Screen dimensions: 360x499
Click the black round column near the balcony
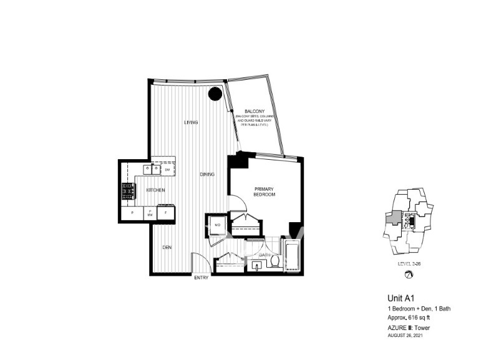coord(215,94)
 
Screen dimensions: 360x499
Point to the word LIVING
coord(191,122)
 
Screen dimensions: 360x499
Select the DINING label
coord(207,174)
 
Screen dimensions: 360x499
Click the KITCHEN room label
coord(155,190)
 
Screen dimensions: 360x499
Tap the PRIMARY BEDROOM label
coord(264,192)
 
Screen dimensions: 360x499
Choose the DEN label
coord(167,248)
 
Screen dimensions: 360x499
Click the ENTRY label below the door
coord(201,278)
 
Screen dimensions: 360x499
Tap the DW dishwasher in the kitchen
coord(167,169)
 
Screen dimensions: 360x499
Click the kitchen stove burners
coord(128,191)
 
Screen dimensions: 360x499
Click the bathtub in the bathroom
coord(292,255)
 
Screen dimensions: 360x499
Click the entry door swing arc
coord(197,261)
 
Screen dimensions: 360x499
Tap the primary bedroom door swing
coord(238,203)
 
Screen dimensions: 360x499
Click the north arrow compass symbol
coord(409,275)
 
